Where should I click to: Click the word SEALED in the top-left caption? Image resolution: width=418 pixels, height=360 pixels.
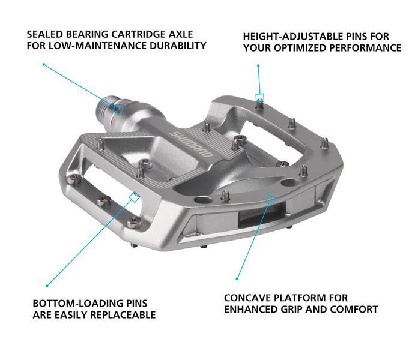point(45,34)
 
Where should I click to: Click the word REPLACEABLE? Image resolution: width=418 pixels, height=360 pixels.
point(123,315)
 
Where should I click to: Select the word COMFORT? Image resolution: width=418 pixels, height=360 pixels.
point(354,310)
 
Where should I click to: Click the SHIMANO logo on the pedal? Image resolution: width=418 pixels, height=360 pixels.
point(192,145)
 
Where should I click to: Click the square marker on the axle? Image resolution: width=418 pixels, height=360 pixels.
point(118,109)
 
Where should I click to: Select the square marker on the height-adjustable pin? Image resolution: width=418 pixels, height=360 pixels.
point(260,98)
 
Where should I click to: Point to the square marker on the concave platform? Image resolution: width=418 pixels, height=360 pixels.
point(271,199)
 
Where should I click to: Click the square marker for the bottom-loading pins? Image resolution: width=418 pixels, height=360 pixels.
point(135,197)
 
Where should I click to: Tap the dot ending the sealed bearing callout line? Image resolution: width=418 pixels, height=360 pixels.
point(44,64)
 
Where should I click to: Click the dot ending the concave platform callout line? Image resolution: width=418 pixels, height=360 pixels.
point(237,279)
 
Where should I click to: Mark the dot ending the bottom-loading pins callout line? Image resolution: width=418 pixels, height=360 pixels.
point(47,286)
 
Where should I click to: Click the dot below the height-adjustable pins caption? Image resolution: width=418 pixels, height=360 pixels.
point(258,65)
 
